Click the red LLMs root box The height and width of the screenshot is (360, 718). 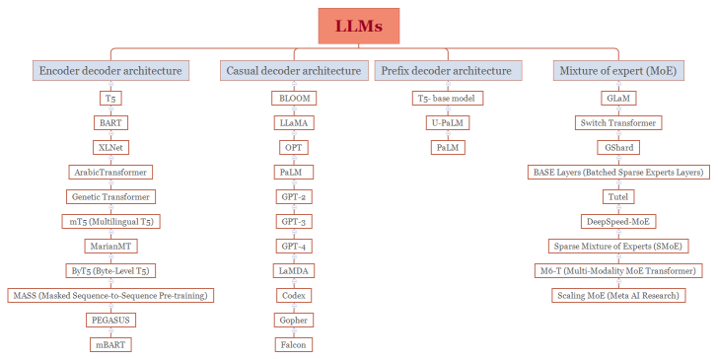coord(358,26)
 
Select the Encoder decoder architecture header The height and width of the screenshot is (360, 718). coord(109,71)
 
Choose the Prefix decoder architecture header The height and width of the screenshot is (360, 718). coord(448,71)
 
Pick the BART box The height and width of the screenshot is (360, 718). coord(109,123)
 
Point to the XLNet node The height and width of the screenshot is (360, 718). coord(109,147)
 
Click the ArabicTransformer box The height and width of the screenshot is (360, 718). coord(109,172)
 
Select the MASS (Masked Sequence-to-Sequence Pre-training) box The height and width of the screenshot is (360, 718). coord(109,295)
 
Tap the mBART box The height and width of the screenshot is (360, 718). coord(109,344)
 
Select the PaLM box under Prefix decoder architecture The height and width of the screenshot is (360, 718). coord(448,147)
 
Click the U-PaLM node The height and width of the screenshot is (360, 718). coord(448,123)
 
